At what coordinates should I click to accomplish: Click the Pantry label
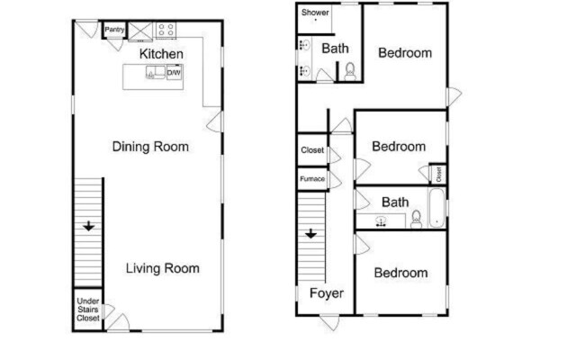114,30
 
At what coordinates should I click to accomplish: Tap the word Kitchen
162,54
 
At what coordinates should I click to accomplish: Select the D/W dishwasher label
175,73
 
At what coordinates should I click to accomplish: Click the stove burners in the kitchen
166,30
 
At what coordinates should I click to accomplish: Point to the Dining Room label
150,146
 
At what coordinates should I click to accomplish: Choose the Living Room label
162,268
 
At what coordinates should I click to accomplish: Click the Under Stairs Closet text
87,310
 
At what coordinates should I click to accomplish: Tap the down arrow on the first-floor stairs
88,226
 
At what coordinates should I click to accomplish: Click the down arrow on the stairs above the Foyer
310,233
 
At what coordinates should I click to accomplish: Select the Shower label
315,13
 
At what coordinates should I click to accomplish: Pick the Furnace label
312,179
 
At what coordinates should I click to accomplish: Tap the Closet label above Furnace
312,150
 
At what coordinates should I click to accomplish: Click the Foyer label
327,293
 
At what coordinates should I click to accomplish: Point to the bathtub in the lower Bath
436,209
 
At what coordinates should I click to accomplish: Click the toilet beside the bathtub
417,218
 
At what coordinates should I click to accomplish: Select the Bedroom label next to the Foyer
401,273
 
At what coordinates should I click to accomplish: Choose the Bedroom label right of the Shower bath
404,53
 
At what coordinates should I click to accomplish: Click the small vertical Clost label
438,172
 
